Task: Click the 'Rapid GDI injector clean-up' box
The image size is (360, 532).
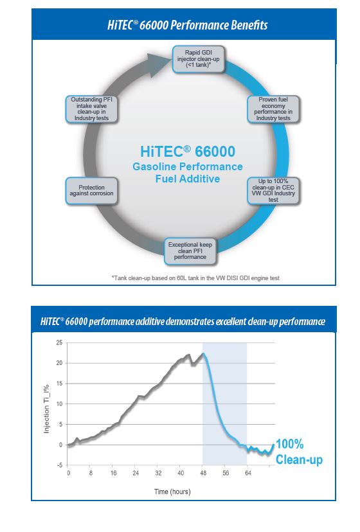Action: [199, 59]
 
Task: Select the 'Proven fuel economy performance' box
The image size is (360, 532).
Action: [273, 109]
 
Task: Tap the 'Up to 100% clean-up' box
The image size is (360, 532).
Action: [273, 190]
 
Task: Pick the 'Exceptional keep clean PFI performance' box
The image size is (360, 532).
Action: [190, 251]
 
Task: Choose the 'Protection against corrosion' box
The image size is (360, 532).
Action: [91, 190]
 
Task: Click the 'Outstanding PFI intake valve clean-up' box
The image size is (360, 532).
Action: [91, 109]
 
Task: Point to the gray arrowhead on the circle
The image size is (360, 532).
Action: [160, 64]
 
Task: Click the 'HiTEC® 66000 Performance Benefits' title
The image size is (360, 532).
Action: [188, 25]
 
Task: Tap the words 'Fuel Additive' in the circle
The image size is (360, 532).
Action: [188, 179]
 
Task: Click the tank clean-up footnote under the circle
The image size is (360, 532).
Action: [195, 278]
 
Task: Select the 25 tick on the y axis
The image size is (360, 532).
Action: [59, 342]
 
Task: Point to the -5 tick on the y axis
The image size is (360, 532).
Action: [59, 465]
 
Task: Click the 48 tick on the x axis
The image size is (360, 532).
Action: [203, 473]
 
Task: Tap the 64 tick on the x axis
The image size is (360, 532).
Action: [248, 473]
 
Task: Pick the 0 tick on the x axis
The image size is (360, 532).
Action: [68, 473]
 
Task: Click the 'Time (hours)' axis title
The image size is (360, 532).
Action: [172, 492]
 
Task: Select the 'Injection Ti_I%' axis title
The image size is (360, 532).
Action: [47, 409]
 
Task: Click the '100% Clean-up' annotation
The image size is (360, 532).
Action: [299, 452]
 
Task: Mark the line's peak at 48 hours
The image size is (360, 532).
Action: [203, 353]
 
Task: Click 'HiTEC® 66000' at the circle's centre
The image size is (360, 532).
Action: [188, 152]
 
